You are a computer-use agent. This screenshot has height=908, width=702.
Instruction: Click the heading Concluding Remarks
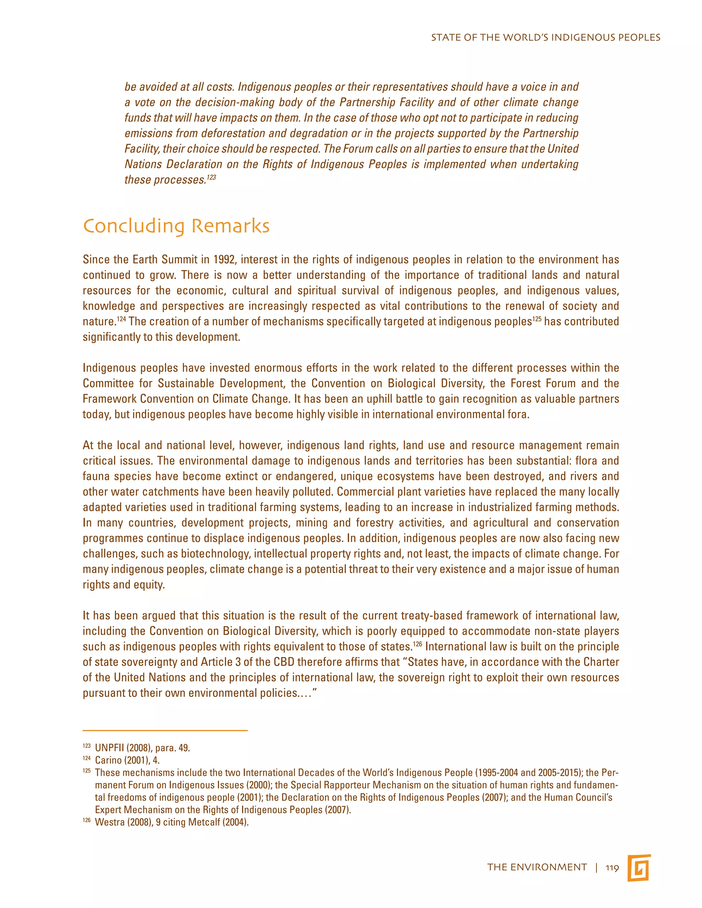coord(176,226)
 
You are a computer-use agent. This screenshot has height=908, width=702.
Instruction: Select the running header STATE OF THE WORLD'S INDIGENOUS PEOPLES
coord(545,37)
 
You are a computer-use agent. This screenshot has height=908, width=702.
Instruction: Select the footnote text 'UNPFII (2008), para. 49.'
coord(142,748)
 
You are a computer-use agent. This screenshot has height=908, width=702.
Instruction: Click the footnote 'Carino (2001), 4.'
coord(127,760)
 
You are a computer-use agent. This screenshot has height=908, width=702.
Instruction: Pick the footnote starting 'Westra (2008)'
coord(171,822)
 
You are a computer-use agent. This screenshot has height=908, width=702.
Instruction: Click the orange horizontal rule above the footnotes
coord(165,731)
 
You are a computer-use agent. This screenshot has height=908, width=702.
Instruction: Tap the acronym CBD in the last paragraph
coord(283,662)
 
